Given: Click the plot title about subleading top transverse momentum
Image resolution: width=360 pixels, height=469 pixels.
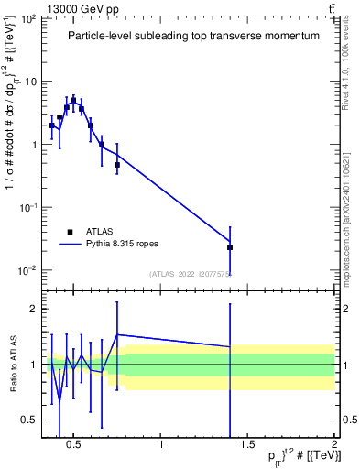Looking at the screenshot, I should point(193,36).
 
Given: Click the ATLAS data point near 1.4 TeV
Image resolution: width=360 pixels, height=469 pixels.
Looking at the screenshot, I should point(230,247).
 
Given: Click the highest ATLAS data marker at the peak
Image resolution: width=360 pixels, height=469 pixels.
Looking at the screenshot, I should point(73,101).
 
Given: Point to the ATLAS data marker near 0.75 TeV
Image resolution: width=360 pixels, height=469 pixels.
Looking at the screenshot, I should point(117,165).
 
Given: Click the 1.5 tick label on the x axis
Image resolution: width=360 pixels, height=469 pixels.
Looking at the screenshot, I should point(247,446).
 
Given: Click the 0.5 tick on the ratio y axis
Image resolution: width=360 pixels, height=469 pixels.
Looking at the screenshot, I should point(28,420).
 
